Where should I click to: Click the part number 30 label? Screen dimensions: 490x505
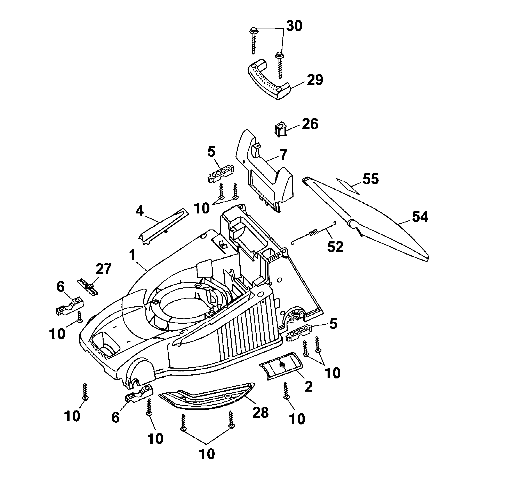click(294, 26)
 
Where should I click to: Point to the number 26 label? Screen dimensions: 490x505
click(310, 124)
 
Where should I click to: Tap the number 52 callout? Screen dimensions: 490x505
click(335, 247)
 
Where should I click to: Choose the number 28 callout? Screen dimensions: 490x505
click(260, 413)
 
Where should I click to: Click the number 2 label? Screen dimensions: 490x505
click(308, 386)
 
